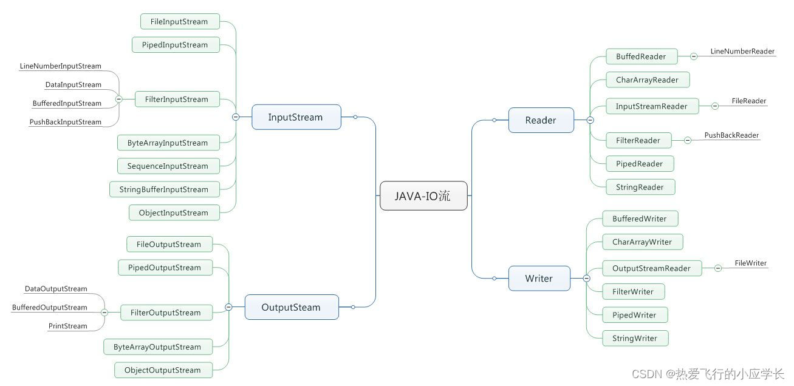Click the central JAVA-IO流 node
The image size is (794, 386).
click(x=423, y=196)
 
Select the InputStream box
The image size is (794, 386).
click(x=296, y=117)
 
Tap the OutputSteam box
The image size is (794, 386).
click(x=291, y=307)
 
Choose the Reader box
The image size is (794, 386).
click(x=541, y=120)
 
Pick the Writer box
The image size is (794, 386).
click(x=539, y=279)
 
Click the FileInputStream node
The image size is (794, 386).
click(x=179, y=22)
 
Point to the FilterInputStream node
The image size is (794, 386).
click(x=177, y=100)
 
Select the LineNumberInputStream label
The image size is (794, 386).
click(x=60, y=66)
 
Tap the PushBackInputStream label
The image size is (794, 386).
click(x=65, y=122)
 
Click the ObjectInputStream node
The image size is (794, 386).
click(x=173, y=213)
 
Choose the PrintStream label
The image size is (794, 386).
click(x=67, y=326)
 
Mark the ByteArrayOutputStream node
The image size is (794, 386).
click(x=157, y=347)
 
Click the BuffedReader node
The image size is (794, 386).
click(x=642, y=56)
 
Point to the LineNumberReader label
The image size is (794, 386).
click(x=742, y=52)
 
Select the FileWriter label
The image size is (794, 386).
click(x=750, y=263)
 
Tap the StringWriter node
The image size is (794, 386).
click(x=635, y=339)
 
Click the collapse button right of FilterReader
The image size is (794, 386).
click(x=688, y=140)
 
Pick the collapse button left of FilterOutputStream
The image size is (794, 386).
click(x=104, y=313)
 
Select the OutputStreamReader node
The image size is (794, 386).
click(x=651, y=268)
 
